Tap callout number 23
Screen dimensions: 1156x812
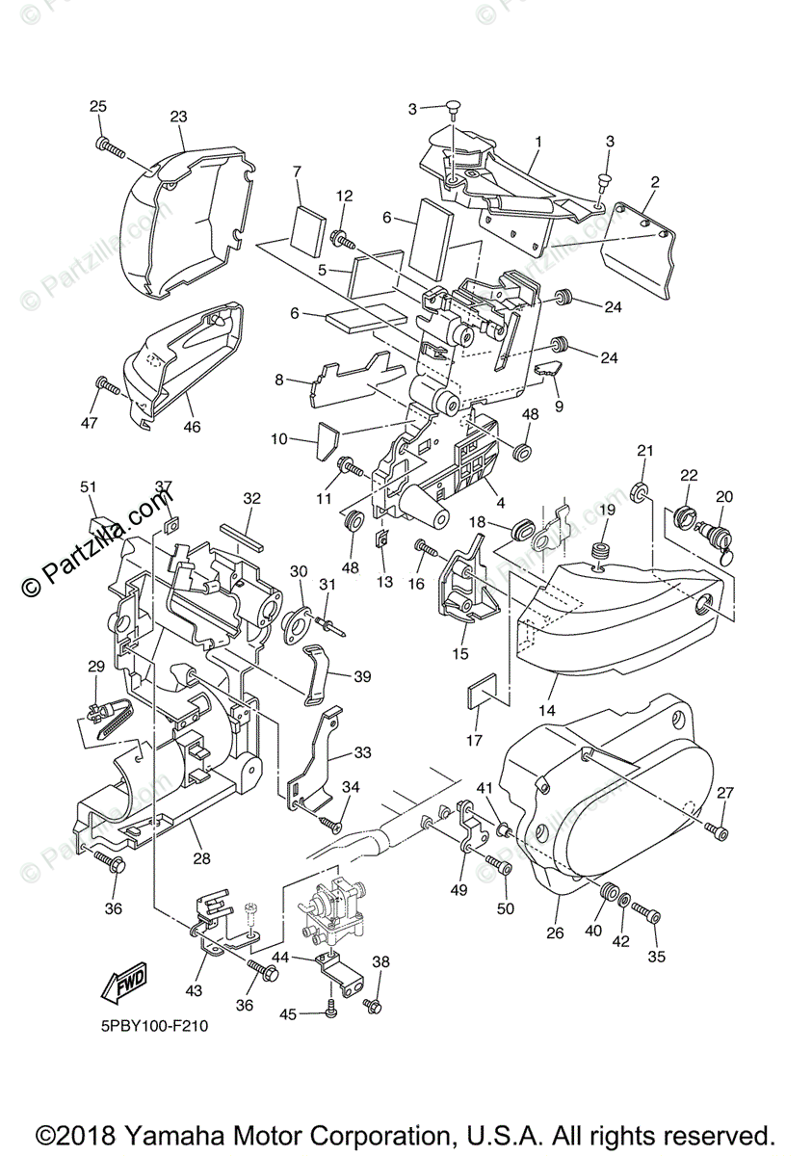[178, 117]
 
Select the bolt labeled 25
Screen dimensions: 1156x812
[111, 146]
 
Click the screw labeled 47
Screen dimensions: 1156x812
[108, 387]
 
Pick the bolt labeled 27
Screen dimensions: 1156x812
[717, 828]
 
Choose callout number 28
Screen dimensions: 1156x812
[200, 857]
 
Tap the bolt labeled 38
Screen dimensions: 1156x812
[374, 1006]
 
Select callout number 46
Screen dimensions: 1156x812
[192, 426]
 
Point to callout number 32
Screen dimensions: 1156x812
[251, 499]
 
